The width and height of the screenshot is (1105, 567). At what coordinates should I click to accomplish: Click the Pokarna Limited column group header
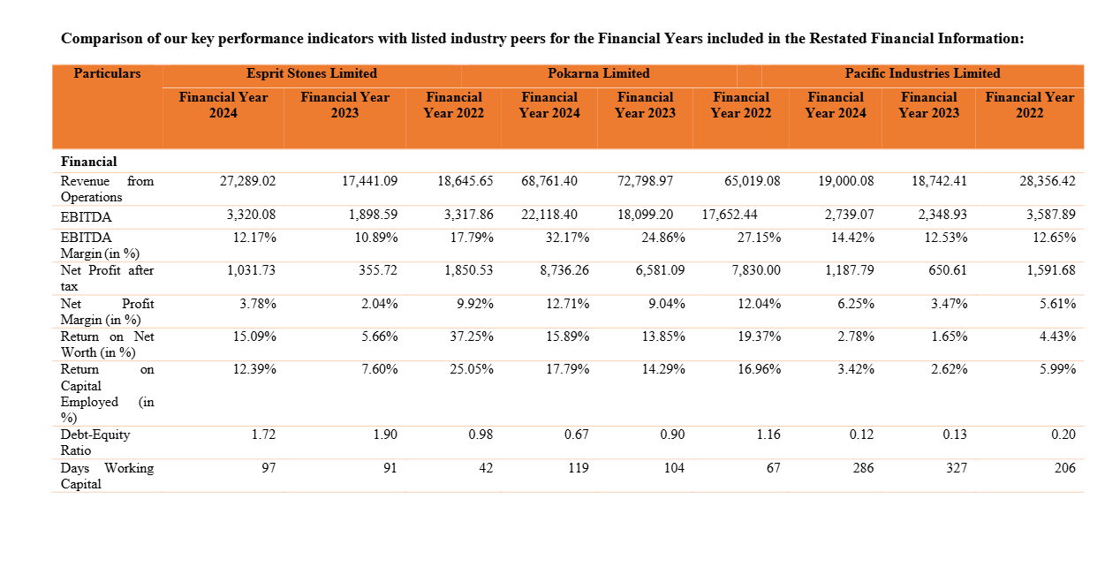[598, 73]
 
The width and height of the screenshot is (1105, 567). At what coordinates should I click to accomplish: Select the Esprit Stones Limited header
[312, 73]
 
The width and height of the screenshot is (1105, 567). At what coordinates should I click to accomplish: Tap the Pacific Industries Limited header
[922, 73]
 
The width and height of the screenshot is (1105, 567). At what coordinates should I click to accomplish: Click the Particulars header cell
[107, 73]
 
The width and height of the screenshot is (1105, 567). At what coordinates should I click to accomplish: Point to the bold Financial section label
[89, 162]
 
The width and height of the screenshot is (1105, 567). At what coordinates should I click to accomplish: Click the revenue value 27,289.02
[247, 181]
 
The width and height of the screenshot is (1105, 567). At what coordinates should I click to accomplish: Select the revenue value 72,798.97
[645, 181]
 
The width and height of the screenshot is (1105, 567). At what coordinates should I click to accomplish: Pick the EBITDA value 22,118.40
[549, 215]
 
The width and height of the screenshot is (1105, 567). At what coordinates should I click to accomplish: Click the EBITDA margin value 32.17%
[567, 238]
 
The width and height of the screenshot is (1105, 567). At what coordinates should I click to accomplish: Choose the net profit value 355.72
[378, 270]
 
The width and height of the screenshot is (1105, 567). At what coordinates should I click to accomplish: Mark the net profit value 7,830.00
[756, 270]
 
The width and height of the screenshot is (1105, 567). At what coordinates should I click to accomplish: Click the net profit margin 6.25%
[856, 304]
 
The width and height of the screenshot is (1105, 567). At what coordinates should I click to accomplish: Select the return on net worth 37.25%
[472, 336]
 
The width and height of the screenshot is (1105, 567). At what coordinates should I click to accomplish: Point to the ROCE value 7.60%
[379, 369]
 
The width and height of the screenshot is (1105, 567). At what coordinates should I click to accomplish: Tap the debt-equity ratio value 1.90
[385, 435]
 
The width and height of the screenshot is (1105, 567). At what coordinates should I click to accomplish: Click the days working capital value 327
[957, 468]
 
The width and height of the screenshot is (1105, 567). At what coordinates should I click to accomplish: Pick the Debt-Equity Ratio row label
[95, 442]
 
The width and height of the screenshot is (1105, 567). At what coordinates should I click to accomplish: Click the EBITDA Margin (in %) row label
[100, 246]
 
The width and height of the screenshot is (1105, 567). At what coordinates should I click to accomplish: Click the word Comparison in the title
[102, 39]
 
